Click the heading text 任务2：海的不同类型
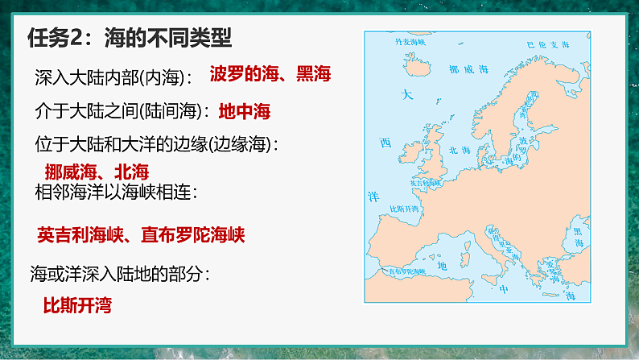[129, 38]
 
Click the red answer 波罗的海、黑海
[270, 76]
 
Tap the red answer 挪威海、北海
[97, 171]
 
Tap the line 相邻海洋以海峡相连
[117, 192]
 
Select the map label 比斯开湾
[405, 209]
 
